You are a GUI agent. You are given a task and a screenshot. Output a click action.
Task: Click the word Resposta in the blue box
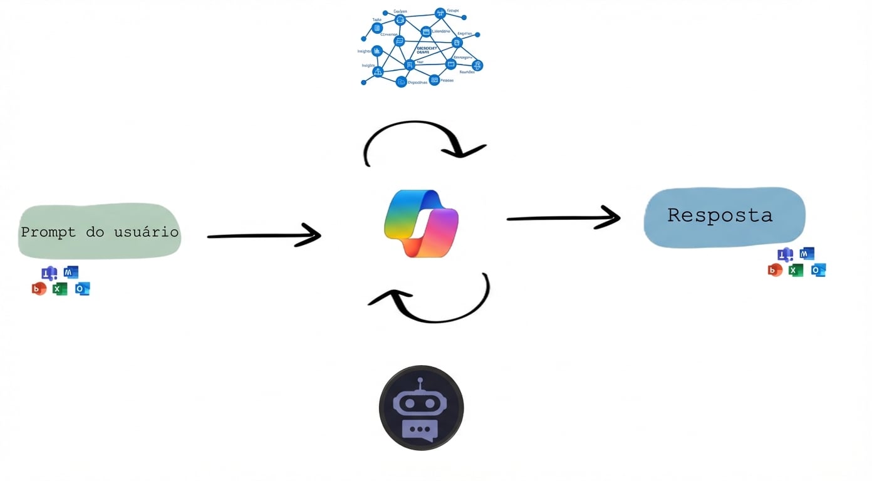pos(719,215)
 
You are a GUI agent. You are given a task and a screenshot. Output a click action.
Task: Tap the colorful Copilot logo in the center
pos(422,223)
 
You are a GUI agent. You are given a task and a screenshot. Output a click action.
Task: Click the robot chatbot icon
pos(421,408)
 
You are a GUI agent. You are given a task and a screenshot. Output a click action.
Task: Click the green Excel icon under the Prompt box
pos(60,289)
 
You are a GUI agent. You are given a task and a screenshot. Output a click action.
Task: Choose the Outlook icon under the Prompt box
pos(83,289)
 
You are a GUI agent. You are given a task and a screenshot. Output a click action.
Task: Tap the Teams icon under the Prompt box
pos(49,273)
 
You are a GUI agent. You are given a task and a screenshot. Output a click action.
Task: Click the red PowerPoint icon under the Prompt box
pos(39,289)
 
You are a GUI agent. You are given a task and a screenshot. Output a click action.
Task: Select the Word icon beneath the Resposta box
pos(807,254)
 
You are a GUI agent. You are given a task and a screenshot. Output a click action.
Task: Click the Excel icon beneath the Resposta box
pos(796,271)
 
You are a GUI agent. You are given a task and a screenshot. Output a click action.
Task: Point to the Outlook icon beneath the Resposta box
pos(818,270)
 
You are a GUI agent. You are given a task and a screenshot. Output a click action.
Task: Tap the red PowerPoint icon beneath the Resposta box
pos(775,271)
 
